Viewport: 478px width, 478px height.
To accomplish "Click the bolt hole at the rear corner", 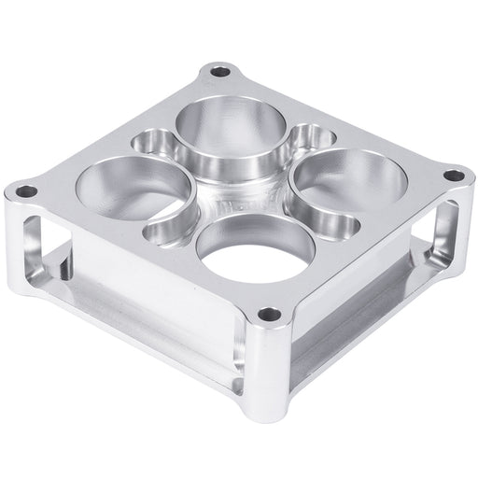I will pos(220,71).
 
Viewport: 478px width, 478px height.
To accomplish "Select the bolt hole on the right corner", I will pos(453,175).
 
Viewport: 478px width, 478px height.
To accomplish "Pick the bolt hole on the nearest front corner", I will pos(269,314).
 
